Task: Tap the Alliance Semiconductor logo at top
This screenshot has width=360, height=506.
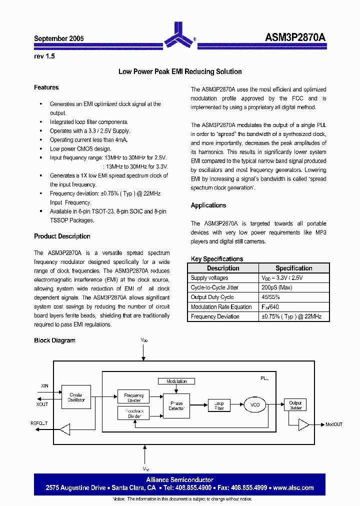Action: click(179, 34)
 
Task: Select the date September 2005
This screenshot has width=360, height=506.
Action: click(58, 38)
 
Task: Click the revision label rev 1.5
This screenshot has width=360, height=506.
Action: click(44, 56)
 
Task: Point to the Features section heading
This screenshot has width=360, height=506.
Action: click(46, 87)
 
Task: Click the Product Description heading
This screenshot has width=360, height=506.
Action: click(62, 236)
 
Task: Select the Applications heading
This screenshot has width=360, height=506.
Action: click(208, 205)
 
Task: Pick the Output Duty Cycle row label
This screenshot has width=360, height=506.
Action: click(212, 297)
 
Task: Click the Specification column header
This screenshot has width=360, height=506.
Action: click(293, 268)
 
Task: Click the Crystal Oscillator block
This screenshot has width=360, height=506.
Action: click(76, 397)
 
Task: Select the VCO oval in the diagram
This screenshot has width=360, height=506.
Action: click(255, 404)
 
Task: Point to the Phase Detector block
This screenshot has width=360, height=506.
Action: click(176, 405)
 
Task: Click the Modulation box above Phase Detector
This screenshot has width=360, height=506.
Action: click(176, 381)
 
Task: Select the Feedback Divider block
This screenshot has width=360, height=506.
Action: click(133, 413)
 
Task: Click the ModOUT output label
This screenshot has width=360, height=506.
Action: click(334, 424)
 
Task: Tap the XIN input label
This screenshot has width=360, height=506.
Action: click(45, 386)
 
